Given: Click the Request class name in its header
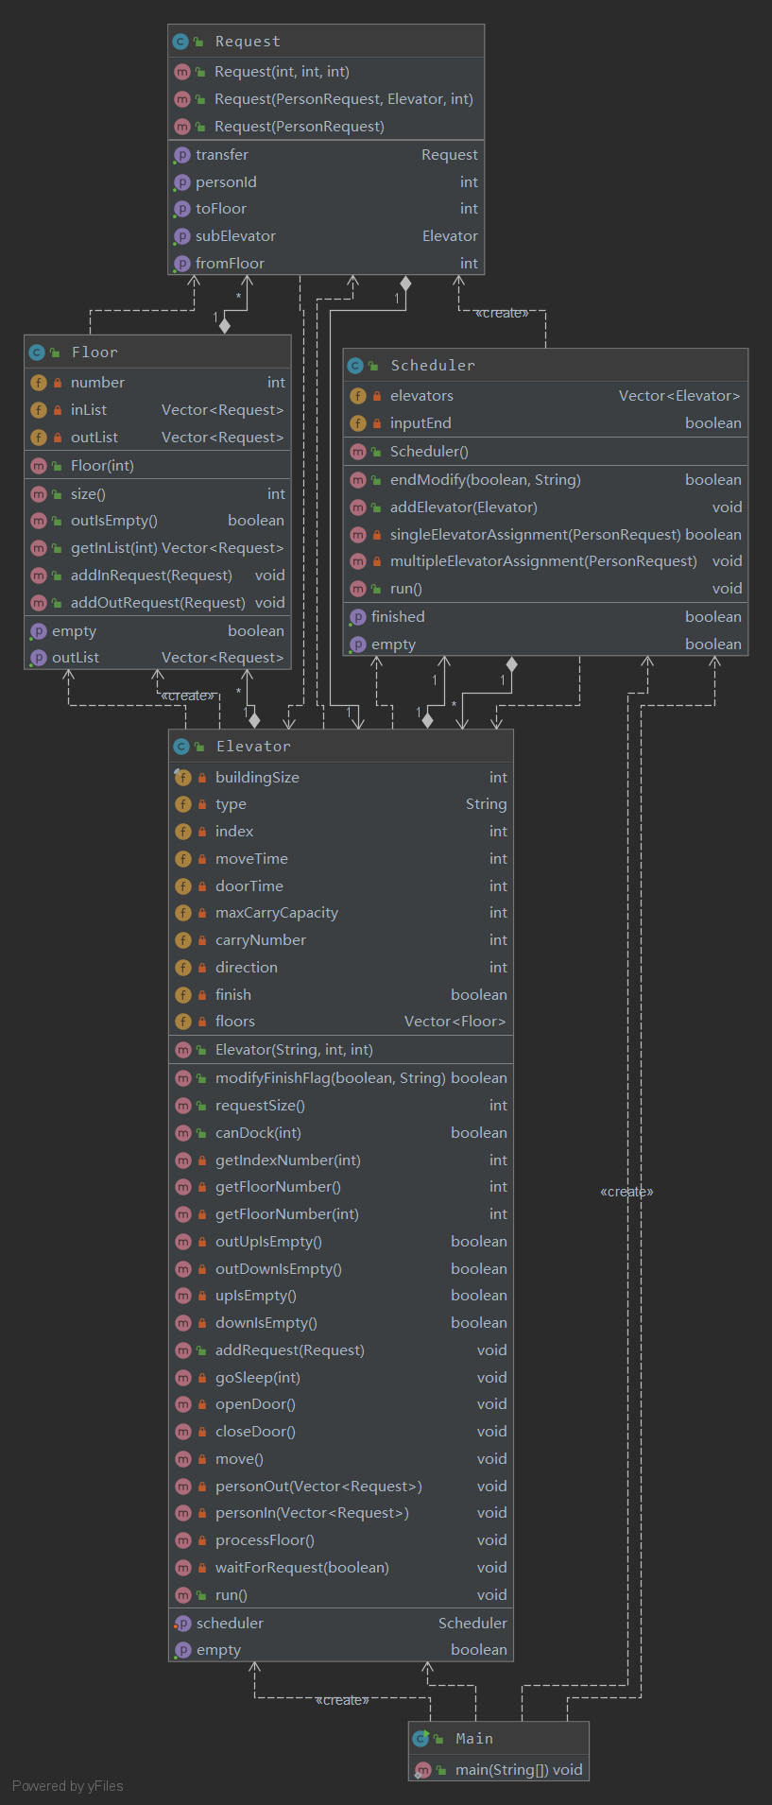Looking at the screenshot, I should [248, 42].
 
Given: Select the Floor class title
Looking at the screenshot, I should [94, 352].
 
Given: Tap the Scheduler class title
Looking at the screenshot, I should [433, 366].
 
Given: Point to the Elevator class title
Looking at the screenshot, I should [253, 747].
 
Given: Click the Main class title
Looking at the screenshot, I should [474, 1739].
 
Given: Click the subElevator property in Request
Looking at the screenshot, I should [235, 236].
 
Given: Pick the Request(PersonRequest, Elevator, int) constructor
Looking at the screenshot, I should [344, 99].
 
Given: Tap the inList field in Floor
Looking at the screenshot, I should [89, 410].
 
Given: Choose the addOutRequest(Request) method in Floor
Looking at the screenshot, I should [158, 603].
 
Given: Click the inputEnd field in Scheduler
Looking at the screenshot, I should [420, 423].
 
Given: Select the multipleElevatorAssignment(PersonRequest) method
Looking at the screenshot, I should [543, 561].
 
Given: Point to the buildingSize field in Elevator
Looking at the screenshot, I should [257, 778].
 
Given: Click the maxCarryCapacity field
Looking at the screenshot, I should [277, 913].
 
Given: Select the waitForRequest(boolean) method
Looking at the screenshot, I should [302, 1568].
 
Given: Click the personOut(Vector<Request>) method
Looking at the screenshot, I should [318, 1487].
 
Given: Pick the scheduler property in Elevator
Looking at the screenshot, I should [230, 1624].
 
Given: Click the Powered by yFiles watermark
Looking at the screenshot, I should [68, 1786].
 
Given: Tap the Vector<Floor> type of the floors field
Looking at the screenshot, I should [455, 1022].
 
